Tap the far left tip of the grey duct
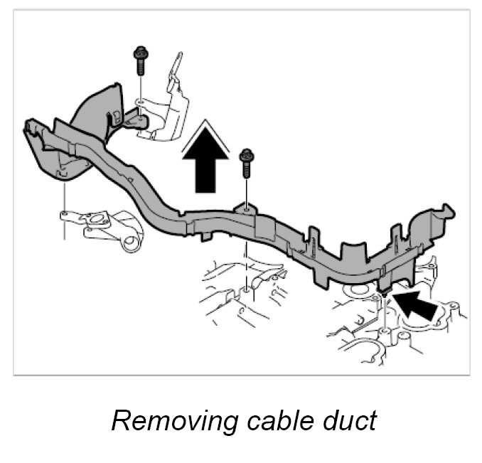pos(27,128)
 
